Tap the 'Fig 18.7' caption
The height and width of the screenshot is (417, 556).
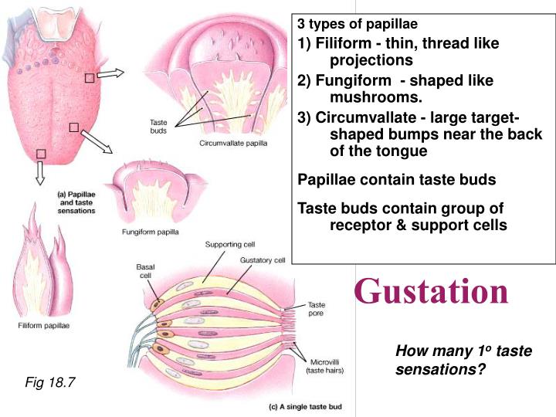click(x=49, y=381)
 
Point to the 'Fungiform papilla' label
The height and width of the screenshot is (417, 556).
click(x=151, y=231)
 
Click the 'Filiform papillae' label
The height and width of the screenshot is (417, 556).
click(x=44, y=325)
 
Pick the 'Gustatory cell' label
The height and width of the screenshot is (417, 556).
click(x=263, y=260)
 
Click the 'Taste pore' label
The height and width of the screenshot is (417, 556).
click(x=317, y=309)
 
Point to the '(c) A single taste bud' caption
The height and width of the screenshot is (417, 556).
click(x=305, y=407)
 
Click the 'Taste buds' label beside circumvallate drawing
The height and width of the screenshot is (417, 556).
click(x=158, y=126)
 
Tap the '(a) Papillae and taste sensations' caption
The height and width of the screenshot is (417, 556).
click(x=76, y=202)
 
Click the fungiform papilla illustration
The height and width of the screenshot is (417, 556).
click(x=151, y=193)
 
